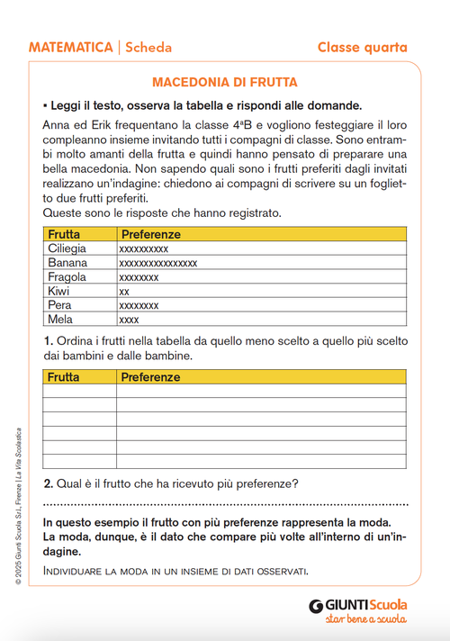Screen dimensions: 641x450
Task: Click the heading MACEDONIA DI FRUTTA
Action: coord(224,82)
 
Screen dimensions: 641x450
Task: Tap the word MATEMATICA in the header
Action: coord(68,47)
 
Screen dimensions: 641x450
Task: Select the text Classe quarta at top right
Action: coord(362,47)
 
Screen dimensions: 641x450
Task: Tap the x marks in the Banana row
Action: coord(158,263)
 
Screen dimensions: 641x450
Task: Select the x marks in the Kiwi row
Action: coord(124,292)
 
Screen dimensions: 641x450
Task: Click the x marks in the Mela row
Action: coord(129,320)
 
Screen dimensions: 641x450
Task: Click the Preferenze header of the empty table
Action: coord(151,377)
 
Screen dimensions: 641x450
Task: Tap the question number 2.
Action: coord(48,483)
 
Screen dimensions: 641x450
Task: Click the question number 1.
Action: coord(48,342)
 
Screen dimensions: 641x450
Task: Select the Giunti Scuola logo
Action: coord(357,605)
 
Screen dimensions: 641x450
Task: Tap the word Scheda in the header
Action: coord(148,47)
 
